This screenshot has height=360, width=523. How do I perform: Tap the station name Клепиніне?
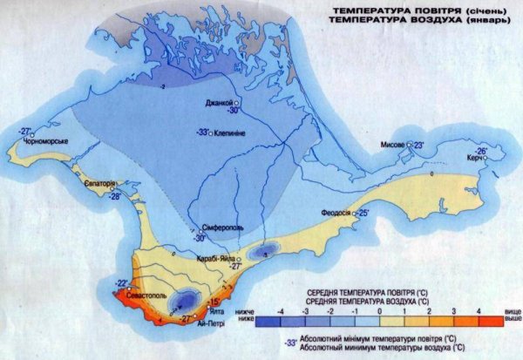coord(234,132)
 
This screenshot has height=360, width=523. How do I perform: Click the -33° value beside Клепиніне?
coord(201,132)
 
